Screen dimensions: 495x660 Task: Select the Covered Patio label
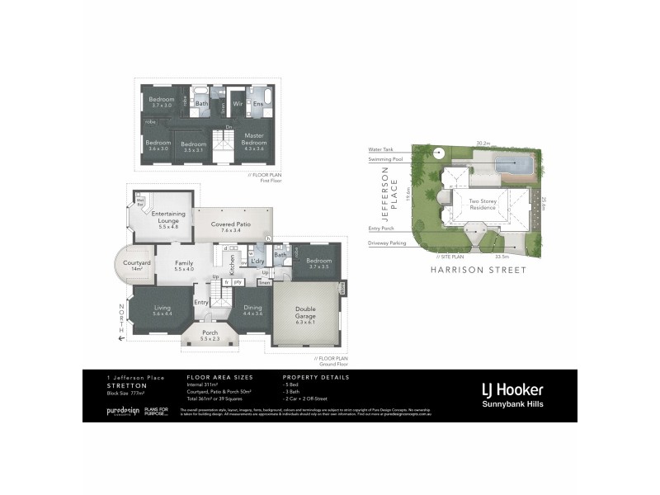coord(230,226)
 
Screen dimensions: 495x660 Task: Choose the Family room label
coord(183,266)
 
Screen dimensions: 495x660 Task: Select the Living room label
coord(162,310)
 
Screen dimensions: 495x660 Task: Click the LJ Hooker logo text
coord(511,389)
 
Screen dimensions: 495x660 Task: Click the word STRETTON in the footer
coord(127,385)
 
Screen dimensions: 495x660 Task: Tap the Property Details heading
coord(316,377)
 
